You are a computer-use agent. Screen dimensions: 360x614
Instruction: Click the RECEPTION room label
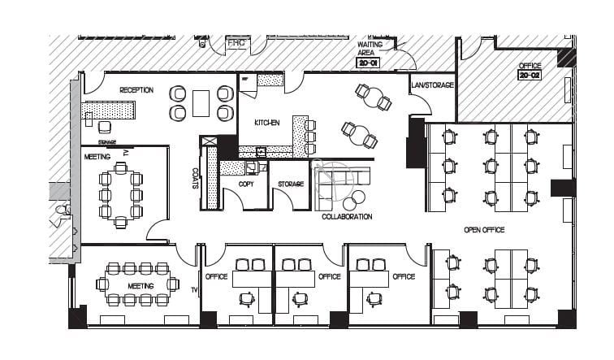[x=136, y=90]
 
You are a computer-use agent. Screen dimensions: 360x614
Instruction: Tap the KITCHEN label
[x=267, y=123]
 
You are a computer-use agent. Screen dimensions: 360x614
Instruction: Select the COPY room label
[x=246, y=184]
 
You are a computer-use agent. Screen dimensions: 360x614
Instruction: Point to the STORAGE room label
[x=290, y=184]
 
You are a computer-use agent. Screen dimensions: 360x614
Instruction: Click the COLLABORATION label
[x=347, y=217]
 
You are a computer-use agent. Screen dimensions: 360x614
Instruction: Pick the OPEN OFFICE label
[x=484, y=230]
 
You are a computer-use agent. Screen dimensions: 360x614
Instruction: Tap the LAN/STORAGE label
[x=432, y=85]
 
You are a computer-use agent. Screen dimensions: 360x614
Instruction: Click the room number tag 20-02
[x=530, y=76]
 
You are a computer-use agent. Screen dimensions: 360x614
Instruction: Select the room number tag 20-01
[x=368, y=61]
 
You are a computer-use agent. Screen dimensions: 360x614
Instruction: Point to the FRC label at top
[x=236, y=42]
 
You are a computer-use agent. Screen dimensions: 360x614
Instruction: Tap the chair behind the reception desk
[x=105, y=127]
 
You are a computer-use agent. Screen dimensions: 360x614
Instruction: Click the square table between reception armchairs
[x=201, y=103]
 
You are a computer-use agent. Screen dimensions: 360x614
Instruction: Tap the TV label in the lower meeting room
[x=194, y=290]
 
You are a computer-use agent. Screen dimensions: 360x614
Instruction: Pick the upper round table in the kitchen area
[x=374, y=98]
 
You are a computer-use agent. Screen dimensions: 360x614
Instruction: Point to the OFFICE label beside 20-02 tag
[x=530, y=65]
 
